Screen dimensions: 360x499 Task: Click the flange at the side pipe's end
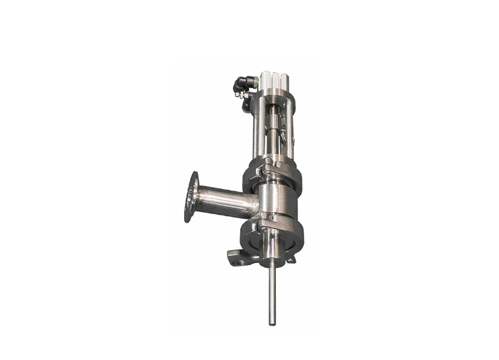click(191, 196)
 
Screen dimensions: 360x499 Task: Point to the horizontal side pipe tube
click(223, 201)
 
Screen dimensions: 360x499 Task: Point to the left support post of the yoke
click(257, 131)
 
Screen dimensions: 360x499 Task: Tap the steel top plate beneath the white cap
click(273, 94)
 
